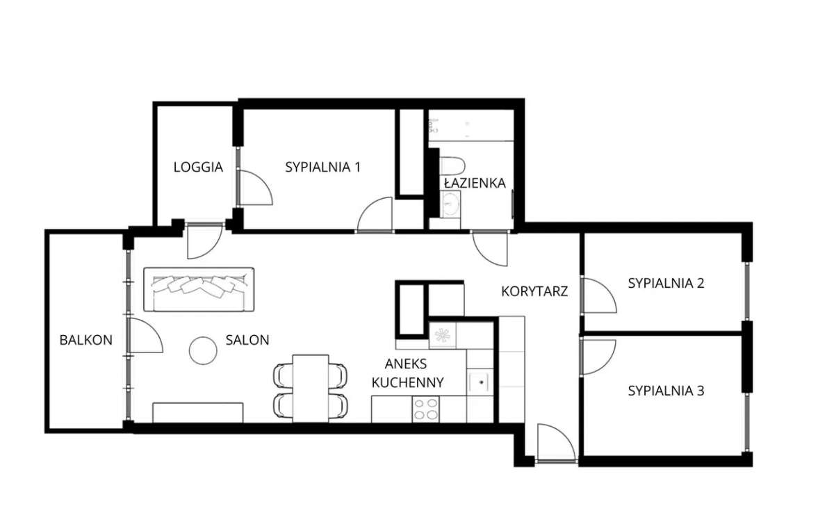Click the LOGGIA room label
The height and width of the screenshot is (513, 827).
click(198, 168)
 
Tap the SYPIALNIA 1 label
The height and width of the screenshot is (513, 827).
click(322, 168)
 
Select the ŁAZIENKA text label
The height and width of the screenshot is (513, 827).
click(475, 183)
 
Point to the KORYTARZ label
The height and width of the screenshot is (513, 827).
click(534, 291)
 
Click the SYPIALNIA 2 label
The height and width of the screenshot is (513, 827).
click(666, 284)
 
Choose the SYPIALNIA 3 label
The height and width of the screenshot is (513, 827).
click(666, 391)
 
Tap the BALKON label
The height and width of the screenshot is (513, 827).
click(86, 340)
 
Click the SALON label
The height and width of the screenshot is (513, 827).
click(247, 340)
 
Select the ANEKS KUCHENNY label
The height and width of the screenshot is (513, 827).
click(407, 373)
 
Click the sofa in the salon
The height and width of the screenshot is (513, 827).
click(199, 290)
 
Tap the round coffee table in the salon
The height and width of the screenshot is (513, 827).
click(203, 350)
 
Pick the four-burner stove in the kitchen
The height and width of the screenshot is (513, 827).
click(425, 409)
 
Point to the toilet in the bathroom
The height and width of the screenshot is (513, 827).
click(452, 165)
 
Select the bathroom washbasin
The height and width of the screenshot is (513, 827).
click(450, 203)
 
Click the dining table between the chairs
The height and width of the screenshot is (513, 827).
click(311, 388)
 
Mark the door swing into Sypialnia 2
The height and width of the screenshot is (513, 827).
click(598, 295)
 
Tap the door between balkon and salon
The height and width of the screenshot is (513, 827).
click(145, 334)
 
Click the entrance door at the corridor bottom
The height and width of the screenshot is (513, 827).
click(556, 443)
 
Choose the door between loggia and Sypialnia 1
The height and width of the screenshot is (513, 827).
click(254, 188)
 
